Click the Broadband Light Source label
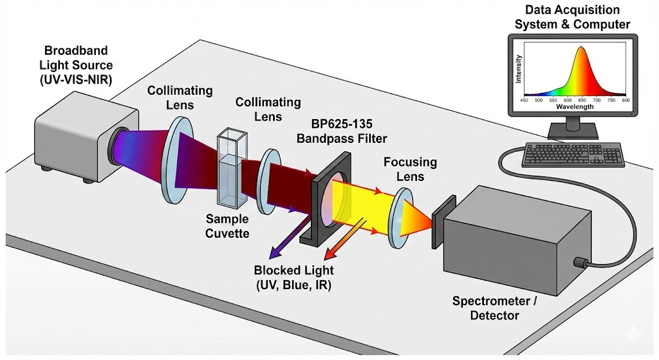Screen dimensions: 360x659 tap(76, 65)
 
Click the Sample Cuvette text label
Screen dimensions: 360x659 tap(227, 225)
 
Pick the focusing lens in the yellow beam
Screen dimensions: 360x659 tap(400, 218)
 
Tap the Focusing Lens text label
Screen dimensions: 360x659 tap(410, 169)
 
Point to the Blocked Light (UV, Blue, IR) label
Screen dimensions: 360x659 tap(293, 277)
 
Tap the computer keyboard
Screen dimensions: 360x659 tap(573, 155)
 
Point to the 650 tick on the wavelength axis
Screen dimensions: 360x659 tap(582, 100)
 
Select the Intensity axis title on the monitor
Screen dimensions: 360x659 tap(519, 69)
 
